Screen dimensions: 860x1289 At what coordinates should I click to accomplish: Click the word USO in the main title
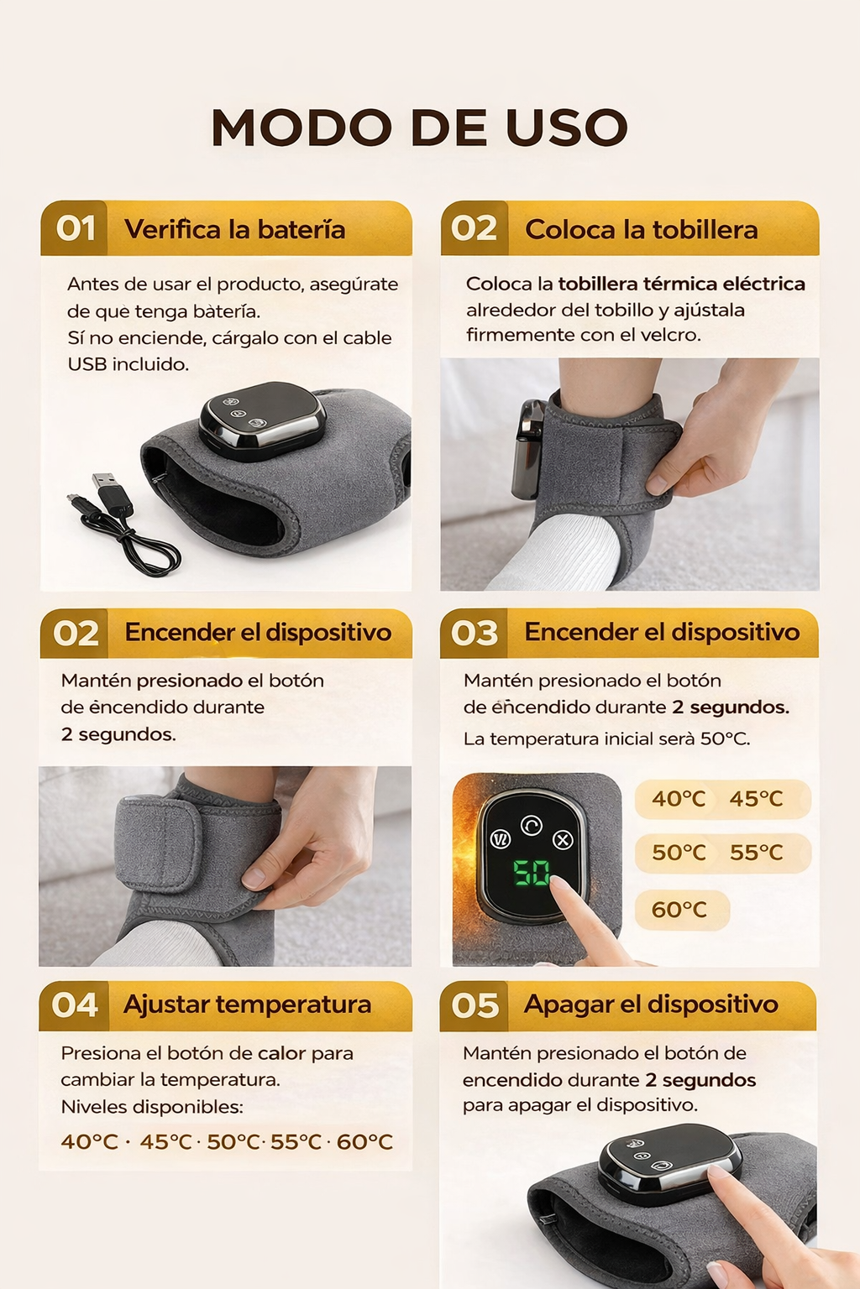pyautogui.click(x=567, y=128)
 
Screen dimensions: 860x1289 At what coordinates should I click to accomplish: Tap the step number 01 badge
pyautogui.click(x=76, y=228)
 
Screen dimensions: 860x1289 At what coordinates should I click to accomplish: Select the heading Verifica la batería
pyautogui.click(x=235, y=230)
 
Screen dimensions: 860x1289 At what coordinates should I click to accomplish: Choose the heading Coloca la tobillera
pyautogui.click(x=641, y=230)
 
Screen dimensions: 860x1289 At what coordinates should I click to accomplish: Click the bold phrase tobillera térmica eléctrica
pyautogui.click(x=681, y=284)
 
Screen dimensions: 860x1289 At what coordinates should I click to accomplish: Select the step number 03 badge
pyautogui.click(x=474, y=633)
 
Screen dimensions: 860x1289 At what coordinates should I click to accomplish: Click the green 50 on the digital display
pyautogui.click(x=531, y=873)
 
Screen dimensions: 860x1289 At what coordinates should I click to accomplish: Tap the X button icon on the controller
pyautogui.click(x=563, y=840)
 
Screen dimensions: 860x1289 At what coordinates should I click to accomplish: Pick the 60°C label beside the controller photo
pyautogui.click(x=679, y=910)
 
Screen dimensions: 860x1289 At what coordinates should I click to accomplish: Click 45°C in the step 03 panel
pyautogui.click(x=757, y=799)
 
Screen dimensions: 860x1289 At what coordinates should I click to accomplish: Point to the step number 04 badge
pyautogui.click(x=74, y=1005)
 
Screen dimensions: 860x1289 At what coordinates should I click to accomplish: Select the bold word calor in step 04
pyautogui.click(x=281, y=1053)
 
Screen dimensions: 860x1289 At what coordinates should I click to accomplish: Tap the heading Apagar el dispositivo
pyautogui.click(x=651, y=1005)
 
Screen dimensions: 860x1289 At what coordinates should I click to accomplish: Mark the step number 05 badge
pyautogui.click(x=475, y=1005)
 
